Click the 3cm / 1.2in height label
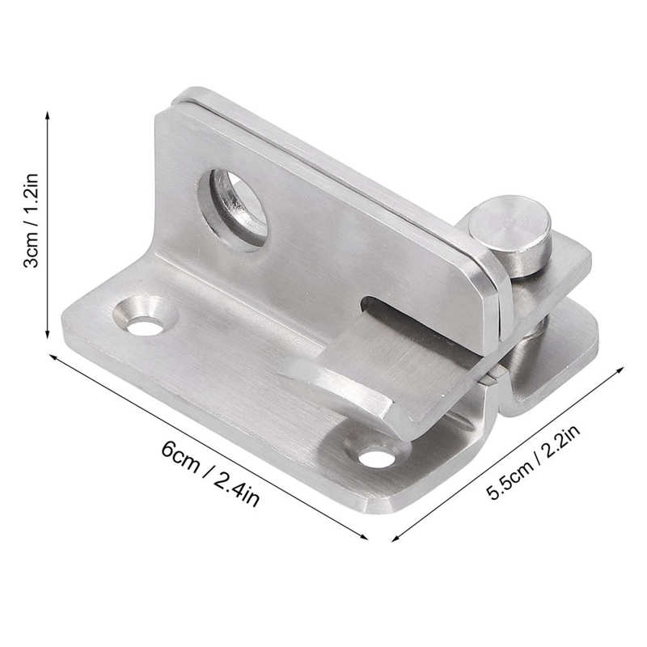click(x=30, y=226)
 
